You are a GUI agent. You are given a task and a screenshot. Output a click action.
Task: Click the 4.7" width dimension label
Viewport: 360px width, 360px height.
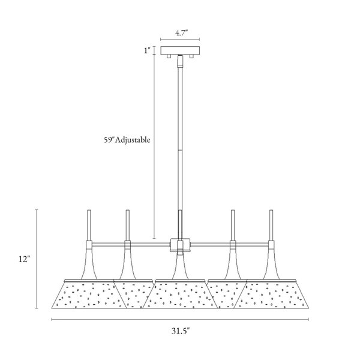point(181,33)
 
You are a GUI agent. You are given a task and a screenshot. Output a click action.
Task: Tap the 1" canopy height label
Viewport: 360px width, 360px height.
point(147,50)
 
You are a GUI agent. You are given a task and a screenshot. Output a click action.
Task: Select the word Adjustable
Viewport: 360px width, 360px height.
point(133,140)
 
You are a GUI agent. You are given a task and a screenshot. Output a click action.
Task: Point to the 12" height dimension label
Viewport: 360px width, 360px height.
point(25,259)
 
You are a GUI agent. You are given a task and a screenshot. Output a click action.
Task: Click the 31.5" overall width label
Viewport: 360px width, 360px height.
point(181,331)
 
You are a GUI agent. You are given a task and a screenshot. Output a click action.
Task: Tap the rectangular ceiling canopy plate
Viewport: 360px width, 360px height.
point(180,50)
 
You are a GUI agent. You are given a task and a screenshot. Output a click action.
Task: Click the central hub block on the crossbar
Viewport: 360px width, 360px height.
point(180,245)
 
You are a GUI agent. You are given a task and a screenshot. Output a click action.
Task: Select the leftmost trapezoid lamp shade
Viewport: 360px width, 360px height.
point(89,295)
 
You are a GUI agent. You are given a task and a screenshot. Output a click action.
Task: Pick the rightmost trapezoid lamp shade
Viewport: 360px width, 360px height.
point(271,295)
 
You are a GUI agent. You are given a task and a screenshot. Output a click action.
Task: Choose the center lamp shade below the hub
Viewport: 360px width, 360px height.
point(180,295)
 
